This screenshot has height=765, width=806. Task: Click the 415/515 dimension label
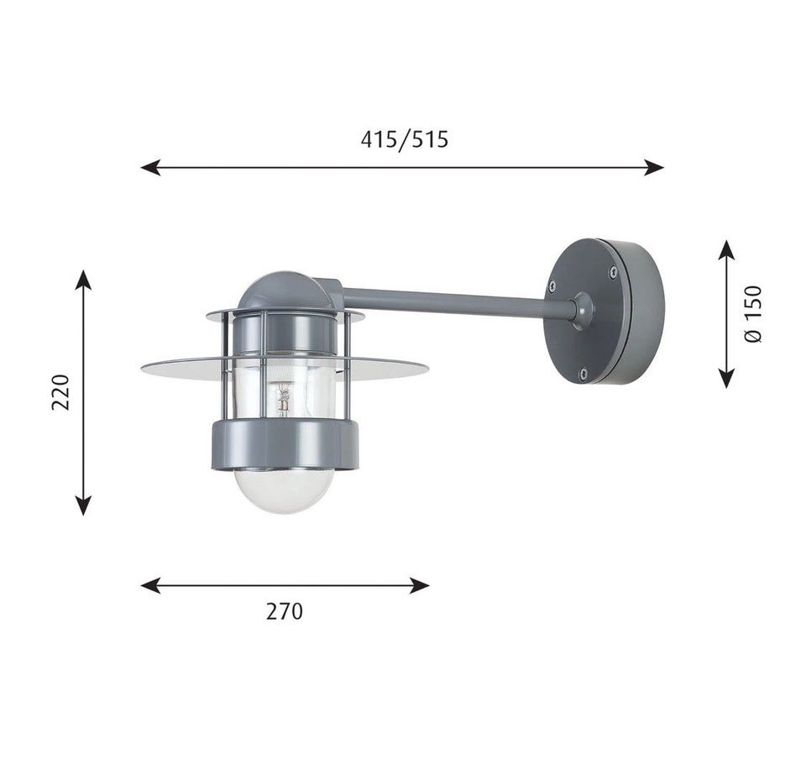tap(404, 139)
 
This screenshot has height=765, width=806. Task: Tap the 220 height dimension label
tap(60, 392)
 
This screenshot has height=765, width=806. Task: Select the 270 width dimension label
tap(285, 611)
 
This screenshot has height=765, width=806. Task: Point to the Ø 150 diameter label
tap(753, 314)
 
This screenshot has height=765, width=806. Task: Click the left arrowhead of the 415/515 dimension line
tap(150, 167)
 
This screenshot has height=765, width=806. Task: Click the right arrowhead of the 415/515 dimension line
tap(654, 167)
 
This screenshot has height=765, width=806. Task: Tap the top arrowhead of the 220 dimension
tap(83, 280)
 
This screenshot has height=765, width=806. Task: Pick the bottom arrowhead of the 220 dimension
tap(83, 506)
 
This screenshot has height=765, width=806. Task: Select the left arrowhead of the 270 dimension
tap(150, 585)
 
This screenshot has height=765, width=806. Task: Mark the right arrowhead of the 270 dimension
tap(420, 585)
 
